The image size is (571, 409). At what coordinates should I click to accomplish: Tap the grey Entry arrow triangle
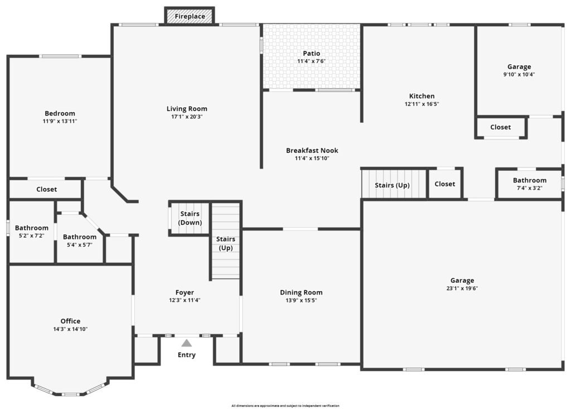coord(186,343)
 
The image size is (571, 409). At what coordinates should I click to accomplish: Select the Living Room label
coord(187,109)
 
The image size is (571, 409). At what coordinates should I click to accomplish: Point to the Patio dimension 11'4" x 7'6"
coord(311,61)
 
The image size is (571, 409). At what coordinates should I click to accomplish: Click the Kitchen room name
coord(422,96)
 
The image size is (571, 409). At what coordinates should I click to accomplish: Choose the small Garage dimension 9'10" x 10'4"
coord(519,74)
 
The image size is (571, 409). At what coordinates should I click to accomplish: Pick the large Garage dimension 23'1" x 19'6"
coord(462,288)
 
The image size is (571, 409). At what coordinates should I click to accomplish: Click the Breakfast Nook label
coord(312,150)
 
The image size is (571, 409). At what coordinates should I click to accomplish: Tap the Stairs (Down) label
coord(190,218)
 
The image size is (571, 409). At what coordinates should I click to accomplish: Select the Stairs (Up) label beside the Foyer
coord(225,243)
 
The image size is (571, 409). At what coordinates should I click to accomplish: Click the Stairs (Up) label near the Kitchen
coord(392,185)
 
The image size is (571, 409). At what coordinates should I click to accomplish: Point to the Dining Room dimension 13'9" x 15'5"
coord(301,300)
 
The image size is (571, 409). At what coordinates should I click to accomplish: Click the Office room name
coord(70,321)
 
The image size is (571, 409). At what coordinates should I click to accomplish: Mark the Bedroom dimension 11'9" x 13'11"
coord(60,122)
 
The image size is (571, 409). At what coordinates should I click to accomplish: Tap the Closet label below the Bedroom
coord(47,189)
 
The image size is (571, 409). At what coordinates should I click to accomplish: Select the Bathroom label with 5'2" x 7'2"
coord(32,228)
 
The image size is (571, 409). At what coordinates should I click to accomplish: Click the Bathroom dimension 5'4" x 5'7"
coord(79,245)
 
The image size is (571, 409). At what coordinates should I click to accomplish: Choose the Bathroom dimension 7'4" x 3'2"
coord(530,188)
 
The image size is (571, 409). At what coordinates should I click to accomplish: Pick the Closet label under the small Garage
coord(500,127)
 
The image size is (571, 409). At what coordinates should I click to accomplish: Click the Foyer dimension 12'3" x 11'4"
coord(185,300)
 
